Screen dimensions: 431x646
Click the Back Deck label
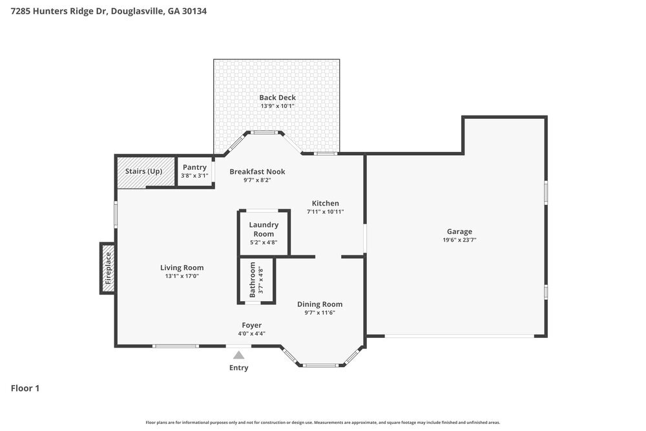(277, 98)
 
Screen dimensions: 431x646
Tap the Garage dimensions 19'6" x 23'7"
(459, 240)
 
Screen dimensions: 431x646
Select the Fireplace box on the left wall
(108, 268)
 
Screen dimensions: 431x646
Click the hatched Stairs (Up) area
(145, 172)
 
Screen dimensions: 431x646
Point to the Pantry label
(194, 167)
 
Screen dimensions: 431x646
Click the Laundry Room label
(264, 229)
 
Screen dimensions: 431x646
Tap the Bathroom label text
(253, 280)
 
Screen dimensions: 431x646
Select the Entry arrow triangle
(239, 355)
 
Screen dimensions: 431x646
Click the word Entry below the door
(238, 368)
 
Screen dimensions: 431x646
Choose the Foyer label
(251, 325)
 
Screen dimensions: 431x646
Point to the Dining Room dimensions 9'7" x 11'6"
(319, 313)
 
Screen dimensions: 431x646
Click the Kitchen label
(325, 203)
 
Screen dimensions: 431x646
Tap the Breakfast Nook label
(257, 171)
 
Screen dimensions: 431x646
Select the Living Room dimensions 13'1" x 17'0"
(182, 276)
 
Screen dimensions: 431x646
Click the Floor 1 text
(25, 388)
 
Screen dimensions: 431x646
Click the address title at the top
(109, 11)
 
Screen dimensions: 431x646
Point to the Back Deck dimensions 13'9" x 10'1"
(277, 106)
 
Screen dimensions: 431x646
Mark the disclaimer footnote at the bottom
(322, 422)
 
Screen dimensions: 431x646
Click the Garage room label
(459, 231)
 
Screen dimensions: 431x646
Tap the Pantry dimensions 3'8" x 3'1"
(194, 176)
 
